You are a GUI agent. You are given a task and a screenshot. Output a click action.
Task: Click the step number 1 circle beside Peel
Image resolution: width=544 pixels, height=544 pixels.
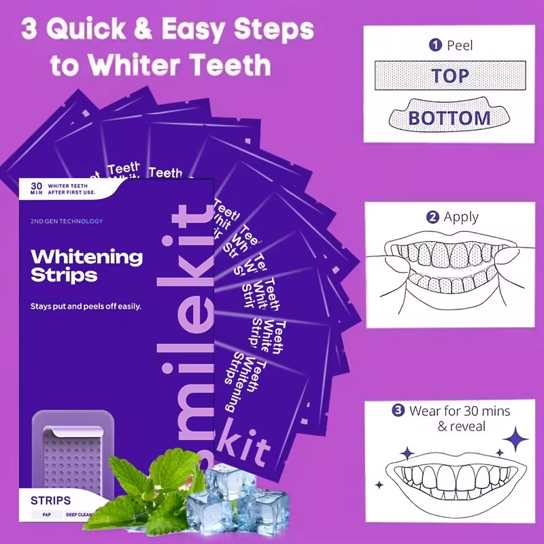tap(435, 46)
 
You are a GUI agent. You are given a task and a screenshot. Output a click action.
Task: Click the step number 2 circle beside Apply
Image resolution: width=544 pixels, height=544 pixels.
tap(432, 218)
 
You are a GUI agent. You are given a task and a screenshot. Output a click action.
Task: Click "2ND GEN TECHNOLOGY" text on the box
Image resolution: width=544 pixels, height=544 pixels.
tap(67, 221)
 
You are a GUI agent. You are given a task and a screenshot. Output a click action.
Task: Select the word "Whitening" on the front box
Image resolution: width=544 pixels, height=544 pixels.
tap(87, 256)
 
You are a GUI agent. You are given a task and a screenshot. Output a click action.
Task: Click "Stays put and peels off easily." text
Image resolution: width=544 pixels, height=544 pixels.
tap(86, 307)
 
